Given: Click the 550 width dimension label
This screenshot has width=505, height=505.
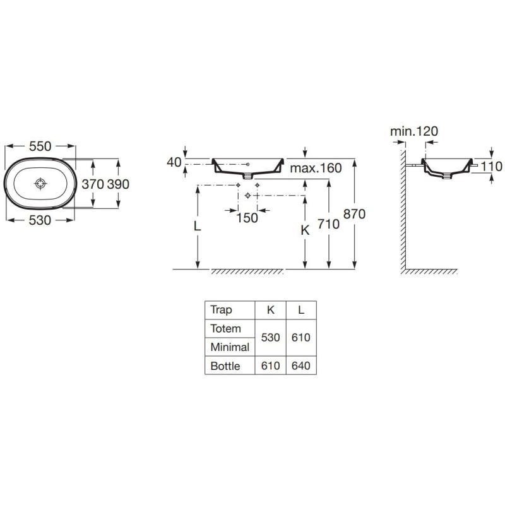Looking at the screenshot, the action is tap(40, 146).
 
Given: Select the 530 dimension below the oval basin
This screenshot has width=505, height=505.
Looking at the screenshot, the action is tap(40, 220).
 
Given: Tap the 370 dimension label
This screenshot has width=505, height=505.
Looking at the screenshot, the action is tap(93, 184).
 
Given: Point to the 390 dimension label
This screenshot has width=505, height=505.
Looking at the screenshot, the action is tap(118, 184).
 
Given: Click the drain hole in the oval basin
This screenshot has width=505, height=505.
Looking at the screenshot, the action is tap(40, 184).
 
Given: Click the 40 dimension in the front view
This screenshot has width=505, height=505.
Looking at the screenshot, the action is tap(174, 163).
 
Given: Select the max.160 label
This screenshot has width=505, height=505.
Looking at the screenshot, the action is tap(316, 168).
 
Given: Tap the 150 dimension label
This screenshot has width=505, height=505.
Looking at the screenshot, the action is tap(247, 218).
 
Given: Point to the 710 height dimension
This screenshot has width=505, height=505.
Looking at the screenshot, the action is tap(328, 224).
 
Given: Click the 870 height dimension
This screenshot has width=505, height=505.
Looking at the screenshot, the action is tap(354, 214).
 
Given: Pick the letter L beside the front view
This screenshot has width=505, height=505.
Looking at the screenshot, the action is tap(197, 227).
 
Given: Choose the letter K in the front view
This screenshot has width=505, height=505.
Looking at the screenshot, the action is tap(305, 230).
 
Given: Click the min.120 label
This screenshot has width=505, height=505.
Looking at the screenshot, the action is tap(414, 131).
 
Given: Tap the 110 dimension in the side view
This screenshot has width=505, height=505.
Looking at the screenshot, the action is tap(492, 167).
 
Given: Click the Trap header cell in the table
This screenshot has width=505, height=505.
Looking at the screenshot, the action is tap(221, 310).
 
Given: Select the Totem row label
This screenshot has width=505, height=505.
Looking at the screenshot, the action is tap(225, 328).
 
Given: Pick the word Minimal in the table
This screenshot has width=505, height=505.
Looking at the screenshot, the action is tap(230, 347).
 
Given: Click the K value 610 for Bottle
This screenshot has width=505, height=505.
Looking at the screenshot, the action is tap(271, 366).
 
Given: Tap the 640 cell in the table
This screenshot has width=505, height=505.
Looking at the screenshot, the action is tap(301, 366).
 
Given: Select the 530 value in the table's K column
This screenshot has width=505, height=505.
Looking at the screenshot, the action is tap(271, 338).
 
